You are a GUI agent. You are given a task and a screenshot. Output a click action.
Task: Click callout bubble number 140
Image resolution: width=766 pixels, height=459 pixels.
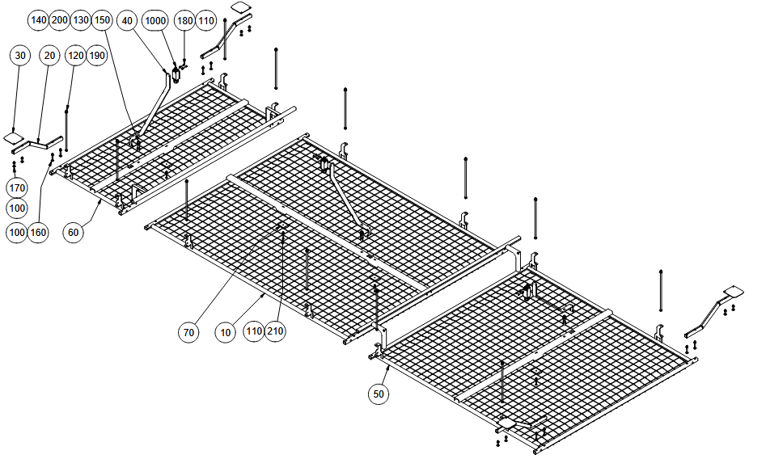(x=39, y=19)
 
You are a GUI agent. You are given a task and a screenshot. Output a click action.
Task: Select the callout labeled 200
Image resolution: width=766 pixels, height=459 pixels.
(x=60, y=19)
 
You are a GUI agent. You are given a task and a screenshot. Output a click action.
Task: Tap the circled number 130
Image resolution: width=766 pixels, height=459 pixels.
(x=81, y=19)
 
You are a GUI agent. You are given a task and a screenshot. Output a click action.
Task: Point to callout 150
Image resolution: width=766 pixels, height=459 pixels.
(x=102, y=19)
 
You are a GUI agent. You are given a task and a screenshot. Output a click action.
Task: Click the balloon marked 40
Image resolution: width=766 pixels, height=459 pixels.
(x=126, y=19)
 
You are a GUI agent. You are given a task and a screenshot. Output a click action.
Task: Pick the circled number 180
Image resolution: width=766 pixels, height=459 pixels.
(x=184, y=19)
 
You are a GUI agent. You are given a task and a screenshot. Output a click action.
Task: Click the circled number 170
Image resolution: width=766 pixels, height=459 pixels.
(x=17, y=187)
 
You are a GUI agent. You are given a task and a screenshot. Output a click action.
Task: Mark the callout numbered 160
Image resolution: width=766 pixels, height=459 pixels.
(x=38, y=233)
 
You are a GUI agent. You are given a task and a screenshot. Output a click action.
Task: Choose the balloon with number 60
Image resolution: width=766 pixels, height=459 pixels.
(x=74, y=233)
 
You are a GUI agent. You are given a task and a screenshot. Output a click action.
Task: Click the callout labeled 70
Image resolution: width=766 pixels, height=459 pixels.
(x=188, y=331)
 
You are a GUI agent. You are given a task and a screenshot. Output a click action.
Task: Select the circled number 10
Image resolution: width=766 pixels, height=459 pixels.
(x=226, y=331)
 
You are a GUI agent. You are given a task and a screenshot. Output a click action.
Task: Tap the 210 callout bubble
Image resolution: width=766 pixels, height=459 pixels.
(x=275, y=331)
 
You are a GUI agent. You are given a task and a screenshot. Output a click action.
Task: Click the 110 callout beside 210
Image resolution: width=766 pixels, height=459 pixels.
(x=254, y=331)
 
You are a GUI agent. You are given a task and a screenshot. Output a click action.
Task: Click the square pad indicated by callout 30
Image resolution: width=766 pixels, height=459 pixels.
(x=16, y=137)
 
